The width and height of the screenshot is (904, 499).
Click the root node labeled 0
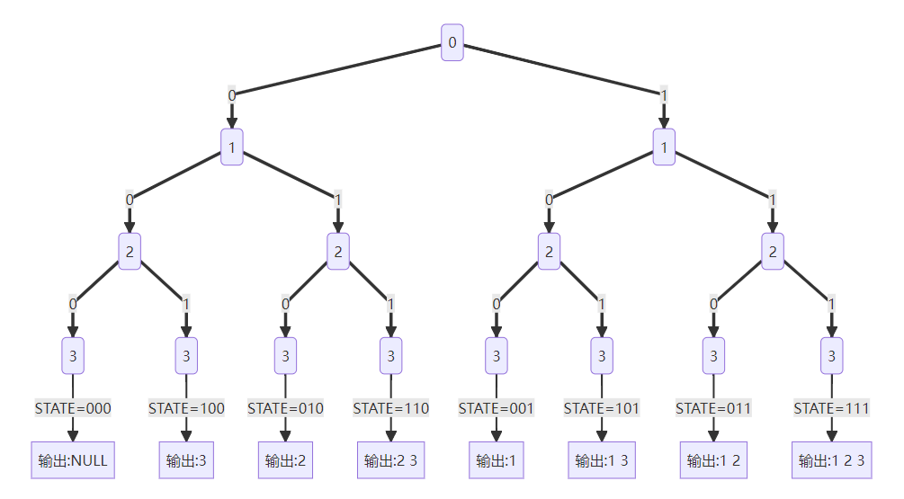pyautogui.click(x=452, y=42)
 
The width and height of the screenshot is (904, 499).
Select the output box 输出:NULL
pyautogui.click(x=73, y=460)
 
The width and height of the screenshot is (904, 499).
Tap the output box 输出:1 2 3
pyautogui.click(x=831, y=460)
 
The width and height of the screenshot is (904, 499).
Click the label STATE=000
pyautogui.click(x=73, y=408)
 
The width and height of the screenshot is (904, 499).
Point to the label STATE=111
pyautogui.click(x=831, y=408)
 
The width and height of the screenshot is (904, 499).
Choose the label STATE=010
pyautogui.click(x=285, y=408)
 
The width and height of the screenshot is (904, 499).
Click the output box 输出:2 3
pyautogui.click(x=391, y=460)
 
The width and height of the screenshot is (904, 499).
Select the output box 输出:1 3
pyautogui.click(x=602, y=460)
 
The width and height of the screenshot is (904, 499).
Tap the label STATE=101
pyautogui.click(x=602, y=408)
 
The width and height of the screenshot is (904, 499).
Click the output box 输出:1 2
pyautogui.click(x=713, y=460)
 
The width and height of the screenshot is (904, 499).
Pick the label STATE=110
pyautogui.click(x=391, y=408)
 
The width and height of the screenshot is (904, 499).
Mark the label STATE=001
pyautogui.click(x=497, y=408)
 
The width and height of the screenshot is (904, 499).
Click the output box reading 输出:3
pyautogui.click(x=186, y=460)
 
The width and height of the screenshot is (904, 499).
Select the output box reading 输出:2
pyautogui.click(x=285, y=460)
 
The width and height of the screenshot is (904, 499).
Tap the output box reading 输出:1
pyautogui.click(x=497, y=460)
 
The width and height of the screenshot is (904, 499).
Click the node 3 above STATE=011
pyautogui.click(x=713, y=356)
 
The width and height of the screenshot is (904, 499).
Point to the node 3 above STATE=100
pyautogui.click(x=186, y=356)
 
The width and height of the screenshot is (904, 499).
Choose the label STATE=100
pyautogui.click(x=186, y=408)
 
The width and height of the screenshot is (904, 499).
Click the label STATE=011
pyautogui.click(x=713, y=408)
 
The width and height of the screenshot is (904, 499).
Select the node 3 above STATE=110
pyautogui.click(x=391, y=356)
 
